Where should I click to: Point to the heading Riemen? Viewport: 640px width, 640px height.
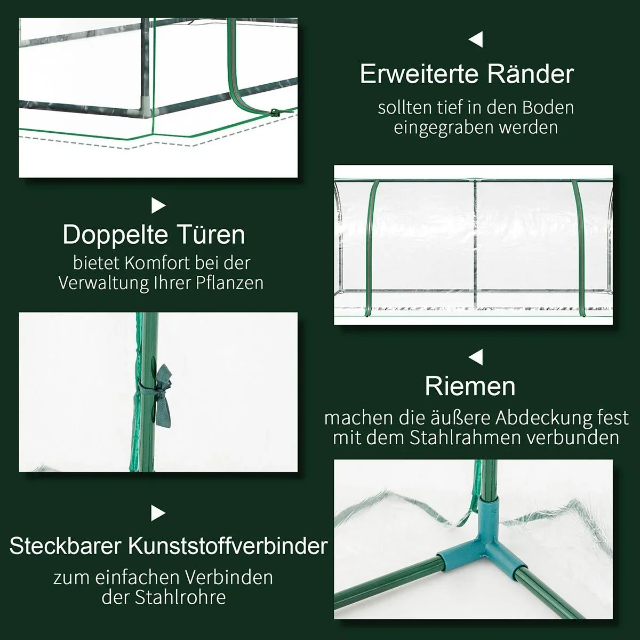(x=470, y=386)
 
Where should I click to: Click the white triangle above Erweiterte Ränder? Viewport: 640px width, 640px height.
(x=476, y=39)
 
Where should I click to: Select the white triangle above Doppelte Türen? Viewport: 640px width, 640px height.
(x=158, y=205)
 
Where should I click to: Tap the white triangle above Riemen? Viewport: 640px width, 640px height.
(x=476, y=356)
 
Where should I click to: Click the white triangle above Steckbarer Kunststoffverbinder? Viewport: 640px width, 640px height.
(x=158, y=513)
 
